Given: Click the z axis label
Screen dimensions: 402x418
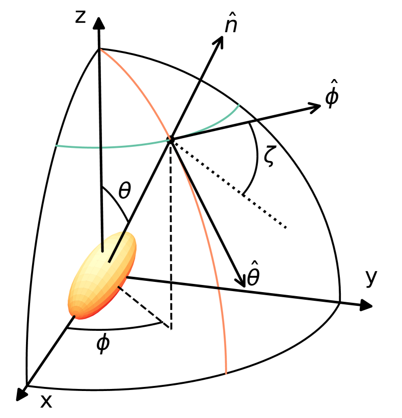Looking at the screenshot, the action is pyautogui.click(x=79, y=17).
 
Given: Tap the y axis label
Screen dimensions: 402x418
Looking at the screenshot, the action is pyautogui.click(x=371, y=278).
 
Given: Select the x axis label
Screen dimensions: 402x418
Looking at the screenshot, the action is pyautogui.click(x=46, y=402).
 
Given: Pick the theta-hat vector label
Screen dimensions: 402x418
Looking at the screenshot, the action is pyautogui.click(x=253, y=277).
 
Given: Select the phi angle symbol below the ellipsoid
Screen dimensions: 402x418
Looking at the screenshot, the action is pyautogui.click(x=103, y=345).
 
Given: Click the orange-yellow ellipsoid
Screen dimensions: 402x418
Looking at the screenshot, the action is pyautogui.click(x=103, y=275).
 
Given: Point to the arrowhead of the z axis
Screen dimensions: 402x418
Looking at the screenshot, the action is pyautogui.click(x=98, y=23).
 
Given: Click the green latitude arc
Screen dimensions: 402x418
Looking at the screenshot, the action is pyautogui.click(x=102, y=147).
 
